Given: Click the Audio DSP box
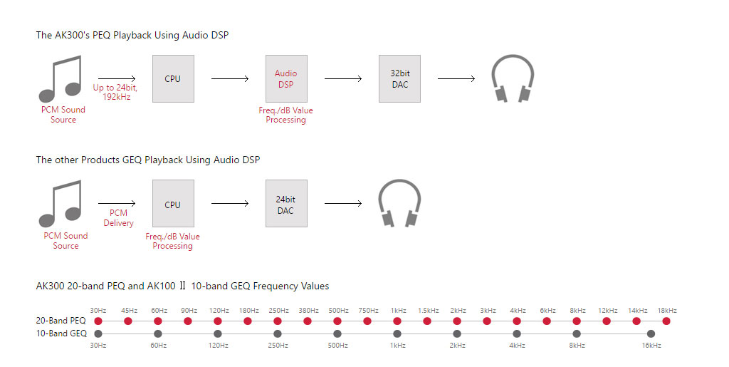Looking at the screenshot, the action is coord(286,78).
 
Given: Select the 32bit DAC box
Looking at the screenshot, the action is coord(399,78).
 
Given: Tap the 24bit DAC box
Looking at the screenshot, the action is coord(286,203).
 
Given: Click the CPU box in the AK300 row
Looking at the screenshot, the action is coord(173,78).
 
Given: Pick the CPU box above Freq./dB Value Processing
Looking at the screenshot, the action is coord(173,203).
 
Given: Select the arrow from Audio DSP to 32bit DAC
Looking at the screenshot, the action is coord(343,78).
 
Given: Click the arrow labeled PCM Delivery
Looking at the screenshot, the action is coord(117,203).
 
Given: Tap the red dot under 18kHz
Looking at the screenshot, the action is coord(666,321).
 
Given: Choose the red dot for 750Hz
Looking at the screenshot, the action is coord(367,321).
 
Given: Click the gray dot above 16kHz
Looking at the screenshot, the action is coord(651,334).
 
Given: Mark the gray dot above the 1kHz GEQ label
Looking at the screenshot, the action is coord(397,334).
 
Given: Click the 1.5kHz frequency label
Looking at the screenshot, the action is coord(428,310).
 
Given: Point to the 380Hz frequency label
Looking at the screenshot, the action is coord(308,310).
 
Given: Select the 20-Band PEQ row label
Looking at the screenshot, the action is coord(61,321).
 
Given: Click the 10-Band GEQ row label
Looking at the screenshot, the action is coord(61,334).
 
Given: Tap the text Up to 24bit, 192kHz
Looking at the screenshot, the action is coord(115,92).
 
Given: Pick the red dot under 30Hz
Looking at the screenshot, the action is coord(98,321).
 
